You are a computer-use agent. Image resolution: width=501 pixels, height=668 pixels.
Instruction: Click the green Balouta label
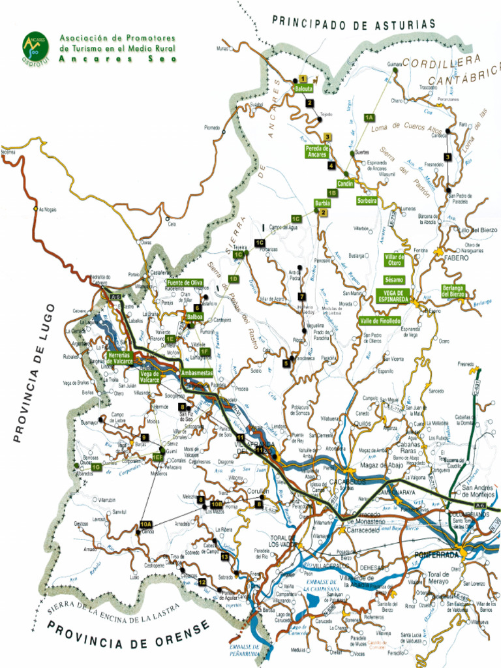304,88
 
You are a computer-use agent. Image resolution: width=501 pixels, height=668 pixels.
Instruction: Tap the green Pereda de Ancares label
317,151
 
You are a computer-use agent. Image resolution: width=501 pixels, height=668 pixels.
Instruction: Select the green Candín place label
346,185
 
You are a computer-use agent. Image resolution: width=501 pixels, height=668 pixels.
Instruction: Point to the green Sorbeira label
367,201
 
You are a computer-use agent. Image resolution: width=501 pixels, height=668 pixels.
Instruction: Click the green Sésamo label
394,280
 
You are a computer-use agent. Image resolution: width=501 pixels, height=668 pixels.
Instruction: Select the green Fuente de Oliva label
185,282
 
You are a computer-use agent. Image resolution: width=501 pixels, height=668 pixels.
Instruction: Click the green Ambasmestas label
197,372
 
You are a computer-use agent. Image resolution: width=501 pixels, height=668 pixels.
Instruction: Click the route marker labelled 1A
369,117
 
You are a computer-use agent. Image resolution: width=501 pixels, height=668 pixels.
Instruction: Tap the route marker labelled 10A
145,524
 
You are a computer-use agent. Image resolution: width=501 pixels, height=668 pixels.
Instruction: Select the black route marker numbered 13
224,557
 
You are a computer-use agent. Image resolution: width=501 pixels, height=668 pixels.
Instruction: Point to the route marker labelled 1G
96,467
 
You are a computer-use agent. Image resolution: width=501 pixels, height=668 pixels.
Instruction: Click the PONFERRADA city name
436,555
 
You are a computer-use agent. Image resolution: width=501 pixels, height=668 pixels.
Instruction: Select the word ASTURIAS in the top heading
403,24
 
